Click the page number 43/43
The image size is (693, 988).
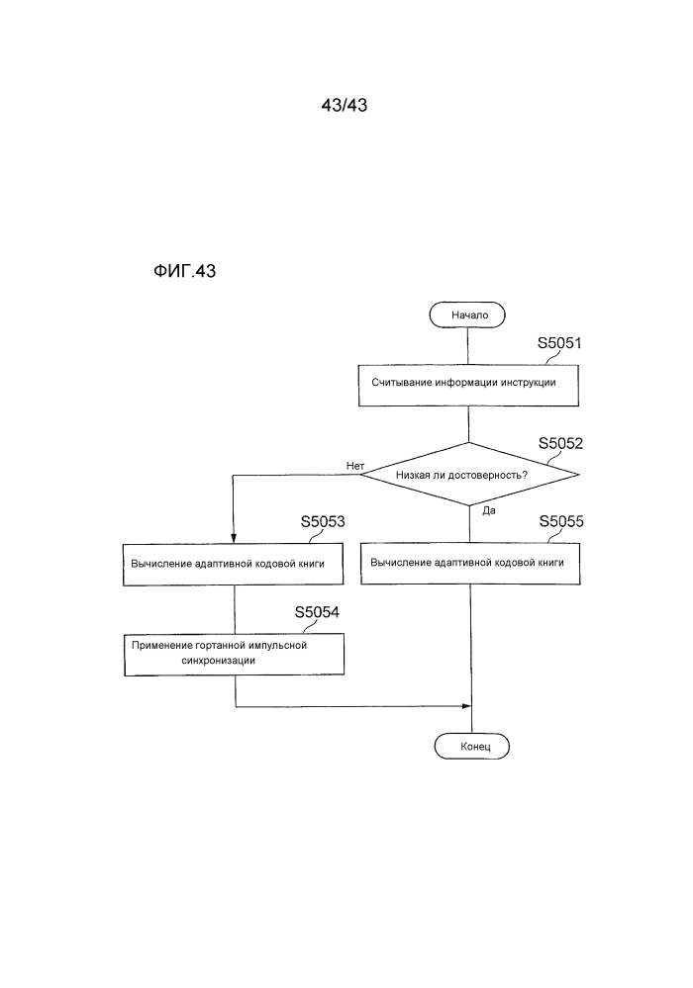pyautogui.click(x=345, y=105)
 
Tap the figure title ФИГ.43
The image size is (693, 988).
pyautogui.click(x=185, y=271)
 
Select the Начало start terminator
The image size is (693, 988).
pyautogui.click(x=467, y=314)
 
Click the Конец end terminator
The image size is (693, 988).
pyautogui.click(x=471, y=746)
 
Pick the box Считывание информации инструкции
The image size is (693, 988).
pyautogui.click(x=468, y=385)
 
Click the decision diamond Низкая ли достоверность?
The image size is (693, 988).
pyautogui.click(x=469, y=474)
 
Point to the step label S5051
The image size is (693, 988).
pyautogui.click(x=559, y=343)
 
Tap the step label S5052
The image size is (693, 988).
pyautogui.click(x=560, y=443)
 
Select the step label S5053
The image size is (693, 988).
pyautogui.click(x=323, y=521)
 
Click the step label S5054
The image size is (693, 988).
pyautogui.click(x=317, y=612)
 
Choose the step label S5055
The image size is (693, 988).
pyautogui.click(x=561, y=521)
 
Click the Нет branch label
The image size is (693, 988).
pyautogui.click(x=355, y=466)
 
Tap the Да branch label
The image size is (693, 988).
pyautogui.click(x=489, y=511)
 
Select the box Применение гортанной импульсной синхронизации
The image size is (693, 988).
pyautogui.click(x=234, y=655)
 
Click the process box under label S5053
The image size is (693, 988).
pyautogui.click(x=234, y=565)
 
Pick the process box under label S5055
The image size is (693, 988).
pyautogui.click(x=470, y=564)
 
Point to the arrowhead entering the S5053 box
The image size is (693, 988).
pyautogui.click(x=234, y=539)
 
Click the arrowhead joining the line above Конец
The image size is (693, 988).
pyautogui.click(x=467, y=706)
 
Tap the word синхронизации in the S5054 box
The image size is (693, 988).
pyautogui.click(x=218, y=661)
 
